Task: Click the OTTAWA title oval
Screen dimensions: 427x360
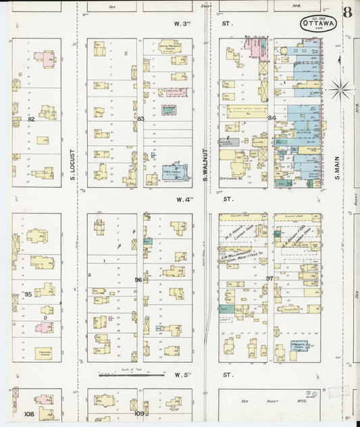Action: [319, 24]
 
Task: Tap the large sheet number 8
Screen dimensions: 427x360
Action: [347, 12]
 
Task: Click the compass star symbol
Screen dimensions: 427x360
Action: [340, 87]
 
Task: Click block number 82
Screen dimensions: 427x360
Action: [31, 119]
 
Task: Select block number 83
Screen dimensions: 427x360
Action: [140, 119]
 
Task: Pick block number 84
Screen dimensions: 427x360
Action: [272, 119]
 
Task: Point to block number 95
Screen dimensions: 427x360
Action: [28, 295]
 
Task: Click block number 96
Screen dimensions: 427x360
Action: [138, 280]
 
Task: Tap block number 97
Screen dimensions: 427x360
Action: [270, 279]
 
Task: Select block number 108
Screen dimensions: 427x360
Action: [29, 413]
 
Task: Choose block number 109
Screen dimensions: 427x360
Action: [139, 413]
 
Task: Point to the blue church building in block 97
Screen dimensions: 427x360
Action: [299, 346]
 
